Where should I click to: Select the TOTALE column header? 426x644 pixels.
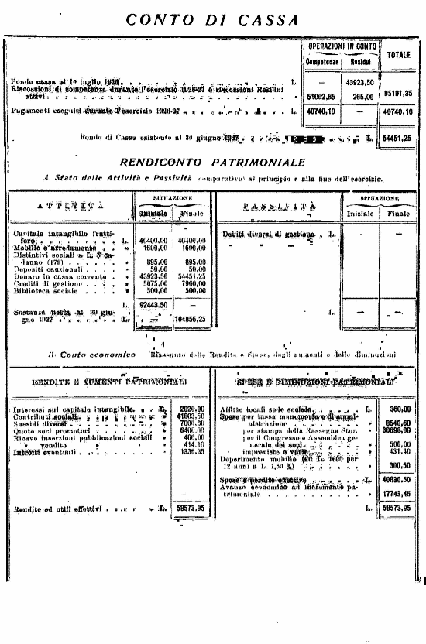coord(398,55)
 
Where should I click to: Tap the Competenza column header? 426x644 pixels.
coord(318,61)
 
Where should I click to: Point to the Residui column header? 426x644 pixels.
coord(361,61)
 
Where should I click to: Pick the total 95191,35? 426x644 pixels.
coord(398,93)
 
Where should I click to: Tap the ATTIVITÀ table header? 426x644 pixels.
coord(70,207)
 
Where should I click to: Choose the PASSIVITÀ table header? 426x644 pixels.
coord(278,207)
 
